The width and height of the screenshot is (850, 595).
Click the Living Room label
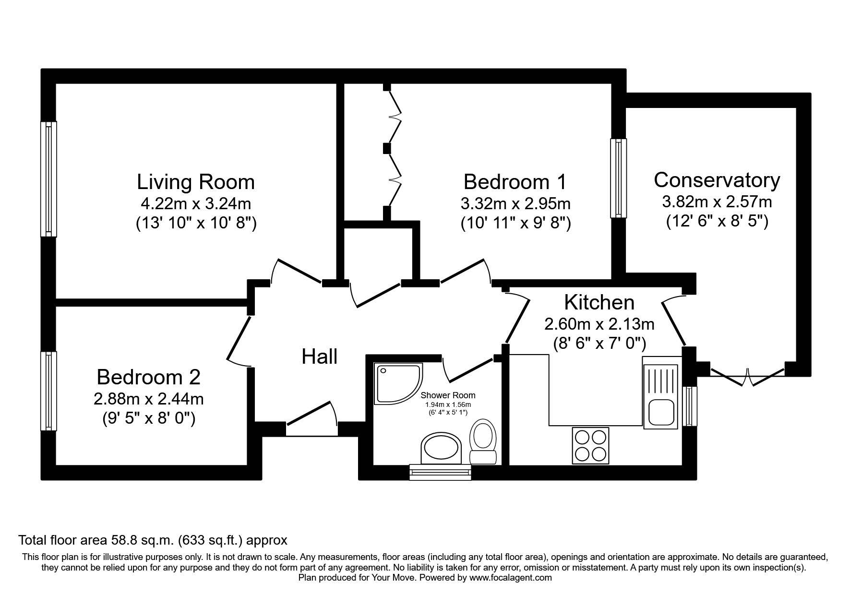click(196, 182)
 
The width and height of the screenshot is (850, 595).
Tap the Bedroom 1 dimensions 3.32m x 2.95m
click(515, 204)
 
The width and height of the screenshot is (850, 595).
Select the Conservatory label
click(717, 180)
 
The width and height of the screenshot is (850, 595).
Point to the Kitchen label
click(599, 303)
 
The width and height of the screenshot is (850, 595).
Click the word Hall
click(320, 357)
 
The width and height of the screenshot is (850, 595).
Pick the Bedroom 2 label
click(148, 377)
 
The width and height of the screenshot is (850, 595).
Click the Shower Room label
click(448, 395)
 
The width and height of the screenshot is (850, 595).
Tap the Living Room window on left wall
click(48, 179)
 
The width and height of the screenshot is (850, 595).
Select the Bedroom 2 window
click(48, 391)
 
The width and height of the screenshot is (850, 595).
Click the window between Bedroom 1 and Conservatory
click(618, 178)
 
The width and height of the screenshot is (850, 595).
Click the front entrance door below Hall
click(311, 422)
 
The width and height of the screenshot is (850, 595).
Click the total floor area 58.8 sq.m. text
click(153, 540)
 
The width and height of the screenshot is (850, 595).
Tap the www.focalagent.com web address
click(510, 578)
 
